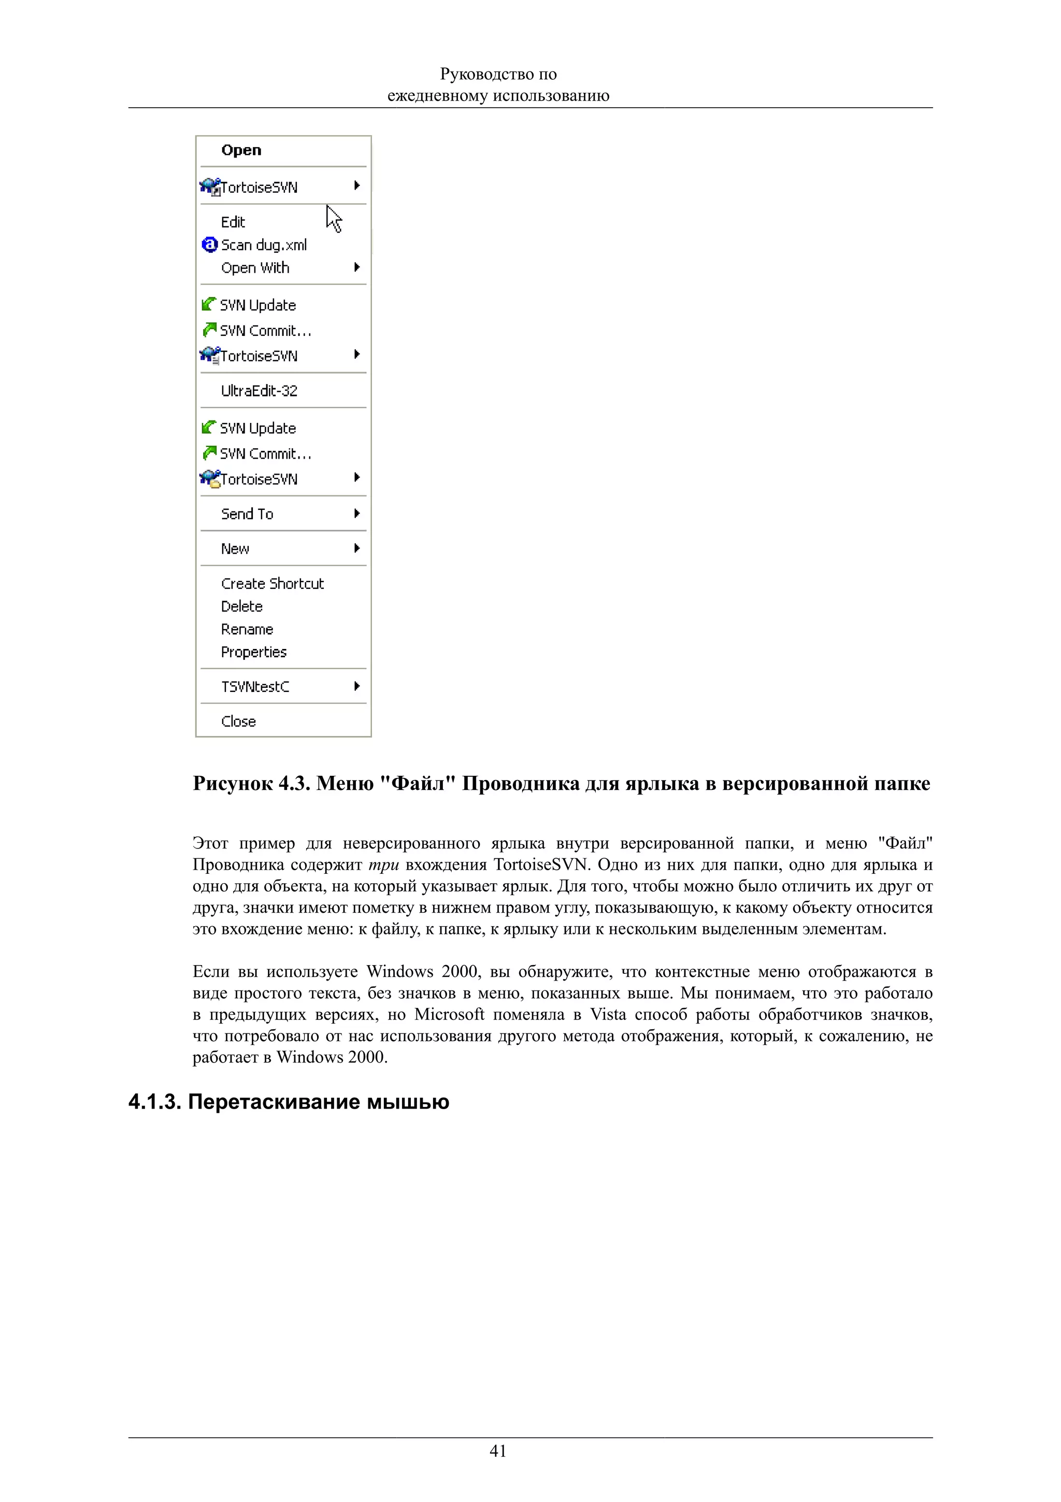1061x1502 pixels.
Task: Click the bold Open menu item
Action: (241, 150)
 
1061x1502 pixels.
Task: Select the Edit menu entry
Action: (233, 222)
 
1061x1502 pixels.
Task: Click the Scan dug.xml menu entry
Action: (264, 245)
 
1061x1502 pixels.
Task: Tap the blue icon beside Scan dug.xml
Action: (209, 245)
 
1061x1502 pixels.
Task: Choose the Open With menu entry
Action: (255, 268)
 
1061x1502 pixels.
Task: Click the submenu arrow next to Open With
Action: (357, 267)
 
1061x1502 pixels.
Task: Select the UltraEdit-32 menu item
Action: (259, 391)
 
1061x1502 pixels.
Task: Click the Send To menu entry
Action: (247, 514)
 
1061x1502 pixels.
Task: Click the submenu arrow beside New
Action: (357, 548)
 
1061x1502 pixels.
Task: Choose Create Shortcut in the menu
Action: (272, 584)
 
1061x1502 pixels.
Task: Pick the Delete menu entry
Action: (241, 606)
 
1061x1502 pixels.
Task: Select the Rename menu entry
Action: (247, 629)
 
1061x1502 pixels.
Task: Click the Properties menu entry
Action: (254, 652)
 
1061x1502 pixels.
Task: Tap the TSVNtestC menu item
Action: (255, 687)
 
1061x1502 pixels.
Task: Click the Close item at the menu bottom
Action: (238, 721)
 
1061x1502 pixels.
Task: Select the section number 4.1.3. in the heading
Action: (154, 1102)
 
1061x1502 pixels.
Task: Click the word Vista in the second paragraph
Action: (608, 1015)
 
